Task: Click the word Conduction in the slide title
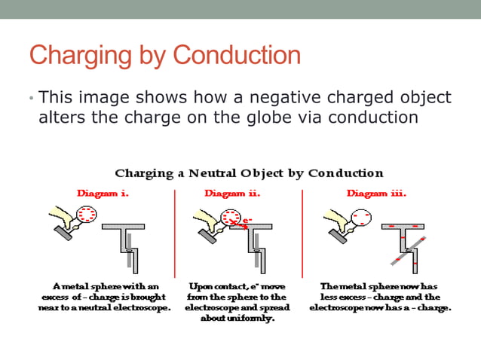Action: (x=237, y=55)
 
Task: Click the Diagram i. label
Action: (x=103, y=193)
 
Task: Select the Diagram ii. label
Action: (x=232, y=193)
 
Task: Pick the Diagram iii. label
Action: (x=376, y=193)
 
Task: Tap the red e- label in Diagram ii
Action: (x=246, y=221)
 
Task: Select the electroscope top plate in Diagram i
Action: (x=124, y=226)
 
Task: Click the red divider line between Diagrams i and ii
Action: (x=175, y=233)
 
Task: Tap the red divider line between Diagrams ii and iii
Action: (x=302, y=233)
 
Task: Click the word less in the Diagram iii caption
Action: (x=332, y=297)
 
